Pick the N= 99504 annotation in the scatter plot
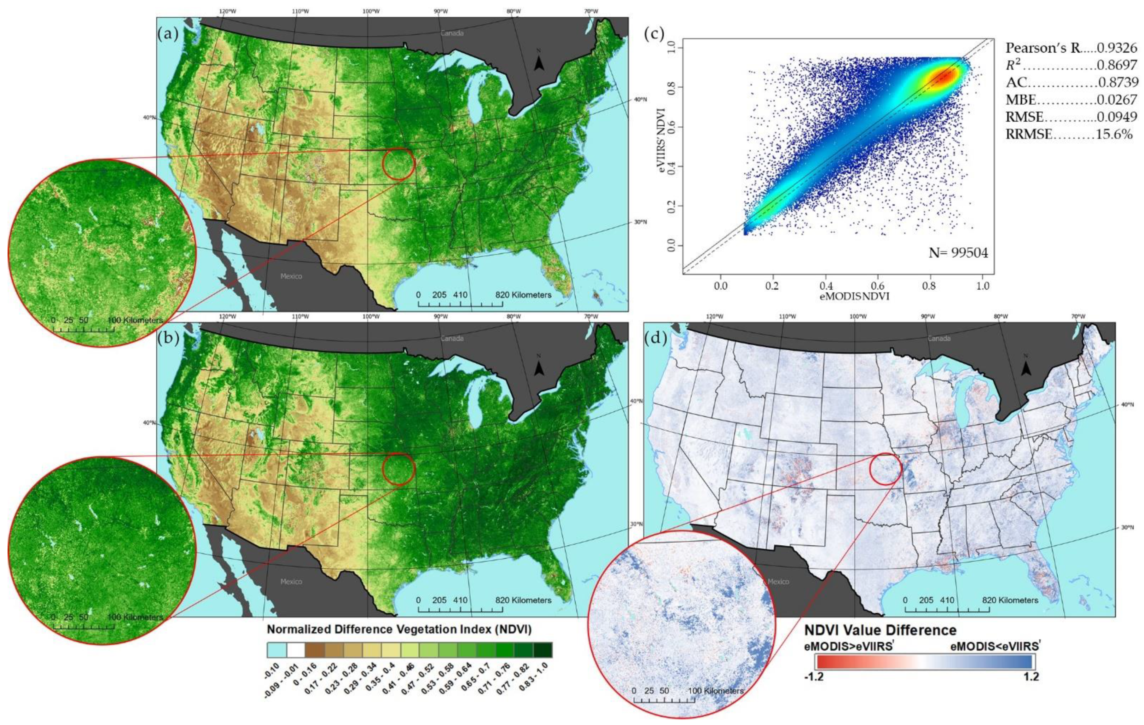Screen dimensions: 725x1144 (x=958, y=253)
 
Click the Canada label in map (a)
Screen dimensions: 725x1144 (x=452, y=33)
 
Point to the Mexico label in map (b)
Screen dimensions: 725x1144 (x=291, y=582)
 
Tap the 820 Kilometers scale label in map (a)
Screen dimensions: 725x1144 (x=523, y=295)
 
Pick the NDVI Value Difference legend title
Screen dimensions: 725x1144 (x=880, y=630)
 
